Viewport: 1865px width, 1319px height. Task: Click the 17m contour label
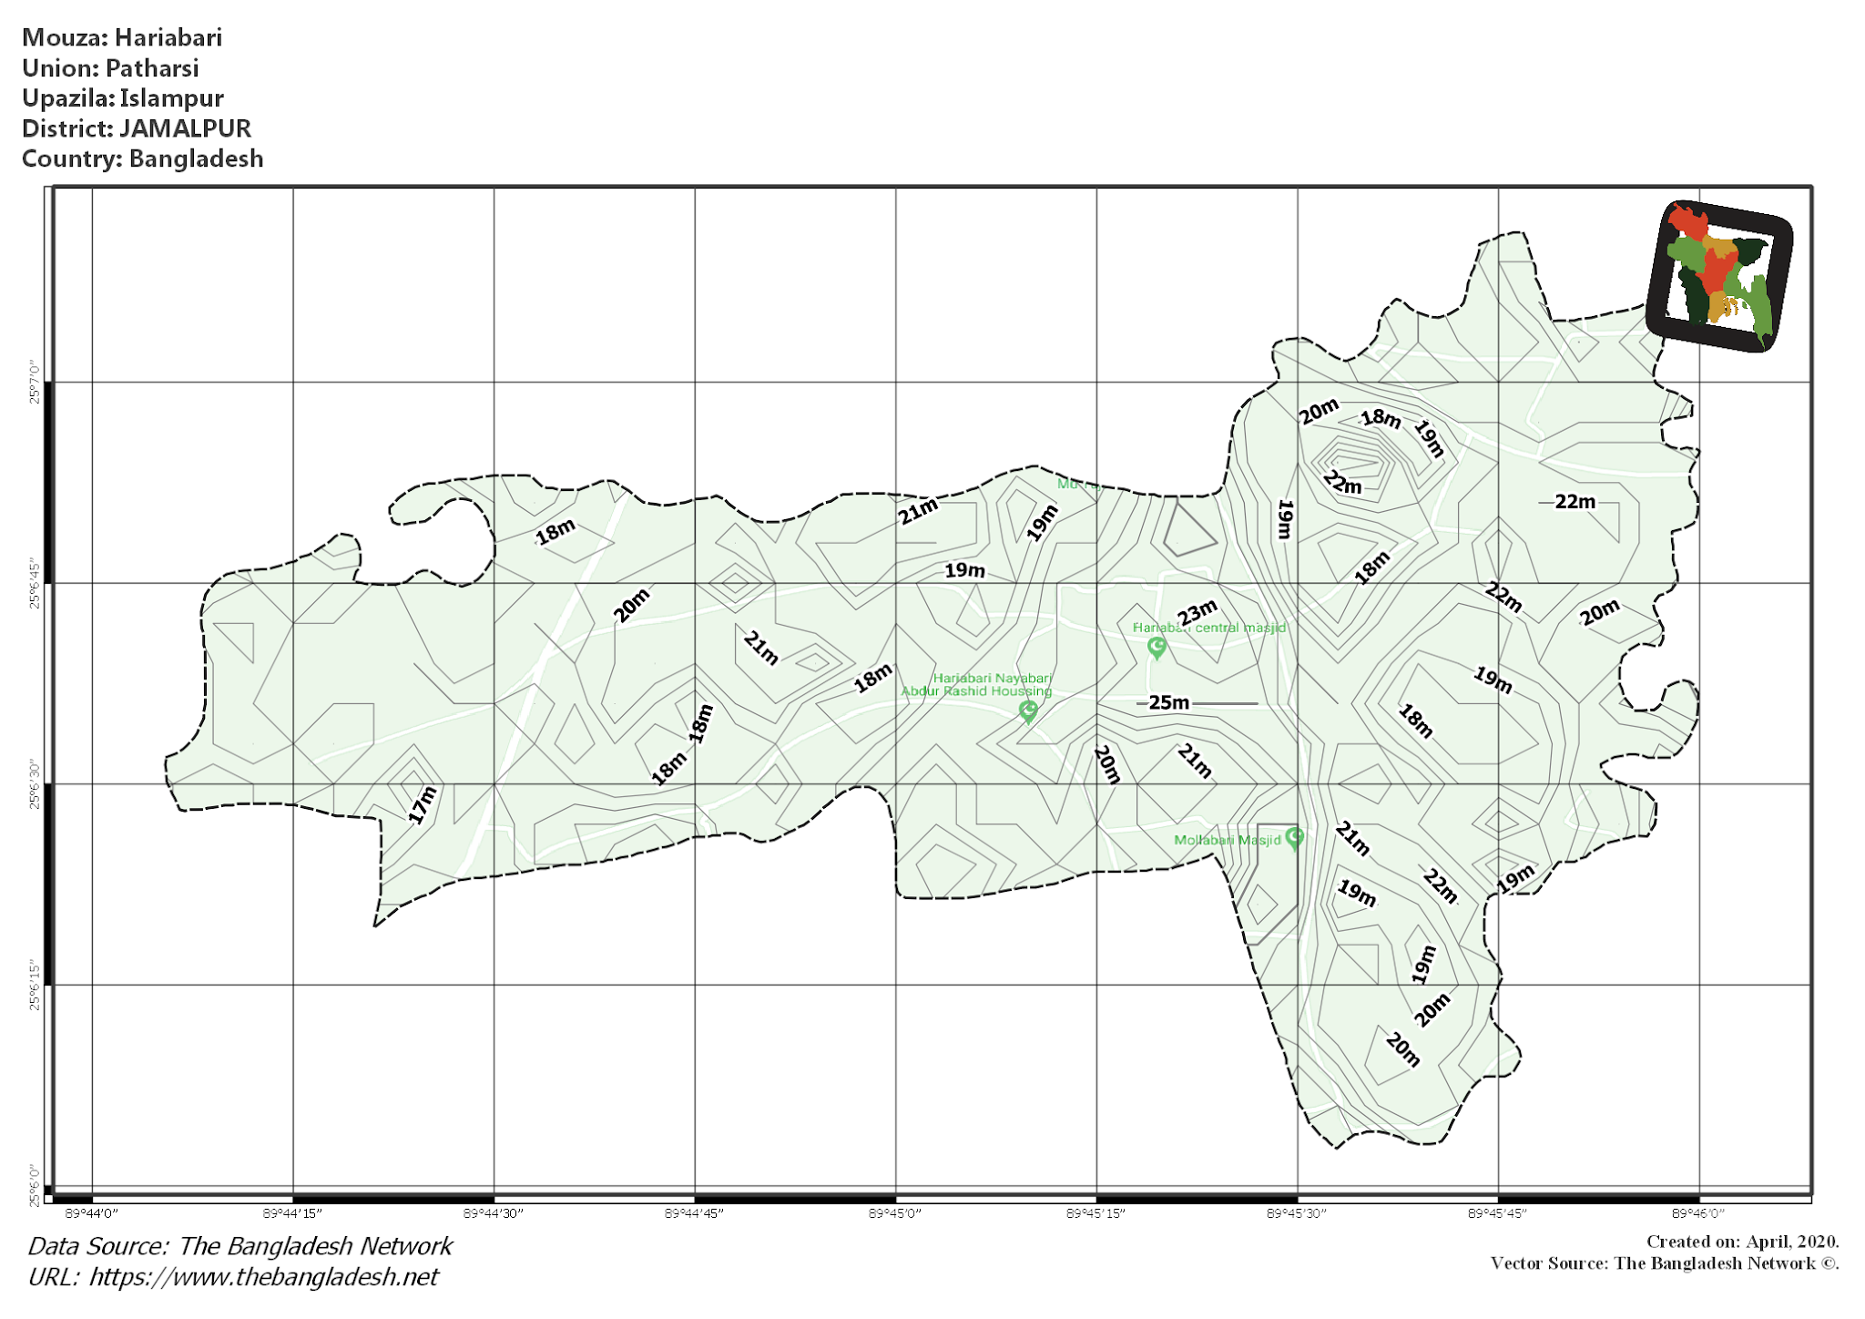click(x=423, y=805)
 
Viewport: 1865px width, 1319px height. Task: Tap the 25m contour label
click(x=1168, y=702)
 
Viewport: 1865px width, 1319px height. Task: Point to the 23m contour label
click(x=1197, y=613)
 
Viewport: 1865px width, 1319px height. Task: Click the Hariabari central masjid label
click(x=1208, y=628)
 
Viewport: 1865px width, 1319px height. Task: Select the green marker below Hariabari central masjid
click(x=1157, y=648)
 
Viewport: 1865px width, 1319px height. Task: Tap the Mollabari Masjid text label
click(x=1227, y=840)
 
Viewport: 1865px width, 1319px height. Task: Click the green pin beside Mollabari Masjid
click(x=1294, y=838)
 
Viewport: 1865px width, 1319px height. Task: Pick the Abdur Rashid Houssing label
click(x=976, y=691)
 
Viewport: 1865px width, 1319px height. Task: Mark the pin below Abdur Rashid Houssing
click(x=1028, y=711)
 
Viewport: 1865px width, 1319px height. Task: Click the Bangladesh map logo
click(x=1719, y=275)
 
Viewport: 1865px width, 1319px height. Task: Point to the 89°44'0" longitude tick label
click(x=93, y=1213)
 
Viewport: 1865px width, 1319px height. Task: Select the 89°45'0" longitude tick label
click(x=895, y=1213)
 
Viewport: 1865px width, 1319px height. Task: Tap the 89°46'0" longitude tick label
click(x=1698, y=1213)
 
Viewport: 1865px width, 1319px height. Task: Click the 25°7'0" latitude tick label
click(x=35, y=383)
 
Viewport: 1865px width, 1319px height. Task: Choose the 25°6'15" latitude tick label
click(x=35, y=985)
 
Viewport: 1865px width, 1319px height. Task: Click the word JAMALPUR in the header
click(x=185, y=128)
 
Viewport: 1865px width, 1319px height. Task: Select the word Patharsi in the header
click(x=151, y=68)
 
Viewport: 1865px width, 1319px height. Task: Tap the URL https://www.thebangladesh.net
click(x=263, y=1277)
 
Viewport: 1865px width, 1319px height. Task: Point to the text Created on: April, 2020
click(x=1742, y=1242)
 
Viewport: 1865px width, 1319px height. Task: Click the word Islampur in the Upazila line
click(x=171, y=98)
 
